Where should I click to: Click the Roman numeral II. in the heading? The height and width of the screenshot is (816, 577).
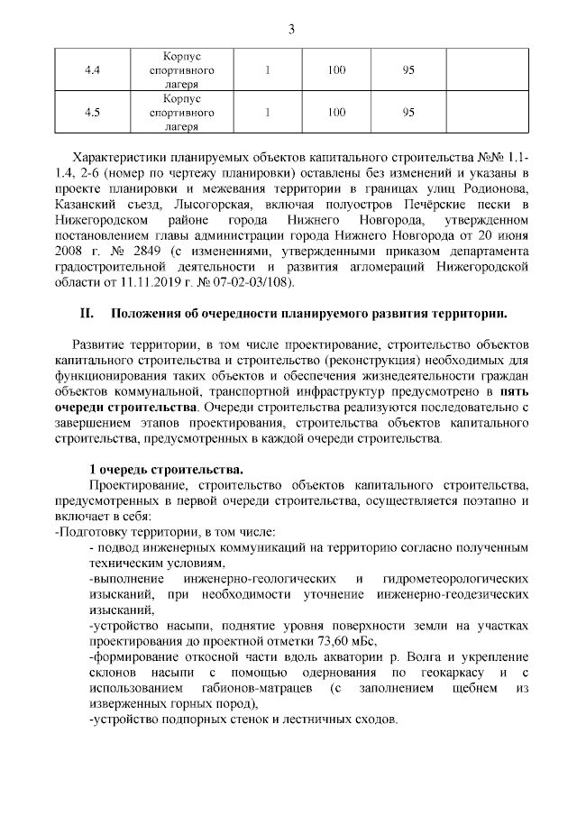[x=88, y=315]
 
